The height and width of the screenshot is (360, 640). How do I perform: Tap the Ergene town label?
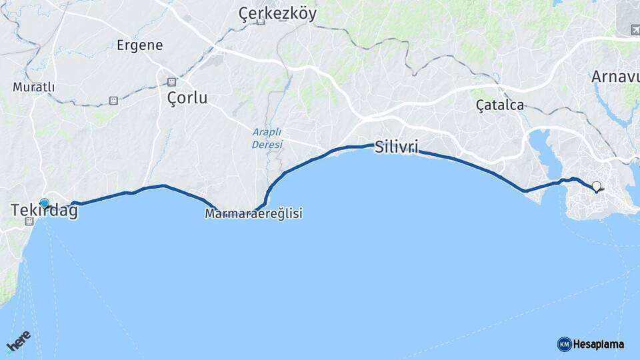pos(140,45)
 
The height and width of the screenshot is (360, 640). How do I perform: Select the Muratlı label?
pos(33,87)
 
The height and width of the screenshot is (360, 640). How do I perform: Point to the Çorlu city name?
pos(187,98)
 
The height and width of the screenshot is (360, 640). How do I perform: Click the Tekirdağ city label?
pos(44,211)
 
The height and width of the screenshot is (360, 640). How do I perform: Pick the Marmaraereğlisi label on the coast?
pos(253,214)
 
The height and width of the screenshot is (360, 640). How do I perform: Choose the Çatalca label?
pos(500,105)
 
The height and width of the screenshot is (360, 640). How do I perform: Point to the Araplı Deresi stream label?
pos(267,138)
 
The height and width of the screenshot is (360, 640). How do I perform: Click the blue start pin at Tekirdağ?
pos(45,203)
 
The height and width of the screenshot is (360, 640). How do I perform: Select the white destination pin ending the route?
pos(596,187)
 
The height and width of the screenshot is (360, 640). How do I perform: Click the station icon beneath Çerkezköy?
pos(261,22)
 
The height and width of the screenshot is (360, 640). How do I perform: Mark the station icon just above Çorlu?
pos(171,81)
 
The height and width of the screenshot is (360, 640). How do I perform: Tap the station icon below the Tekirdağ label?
pos(29,221)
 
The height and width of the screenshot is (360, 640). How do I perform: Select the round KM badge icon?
pos(564,344)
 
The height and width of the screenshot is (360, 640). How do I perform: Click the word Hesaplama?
pos(598,344)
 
